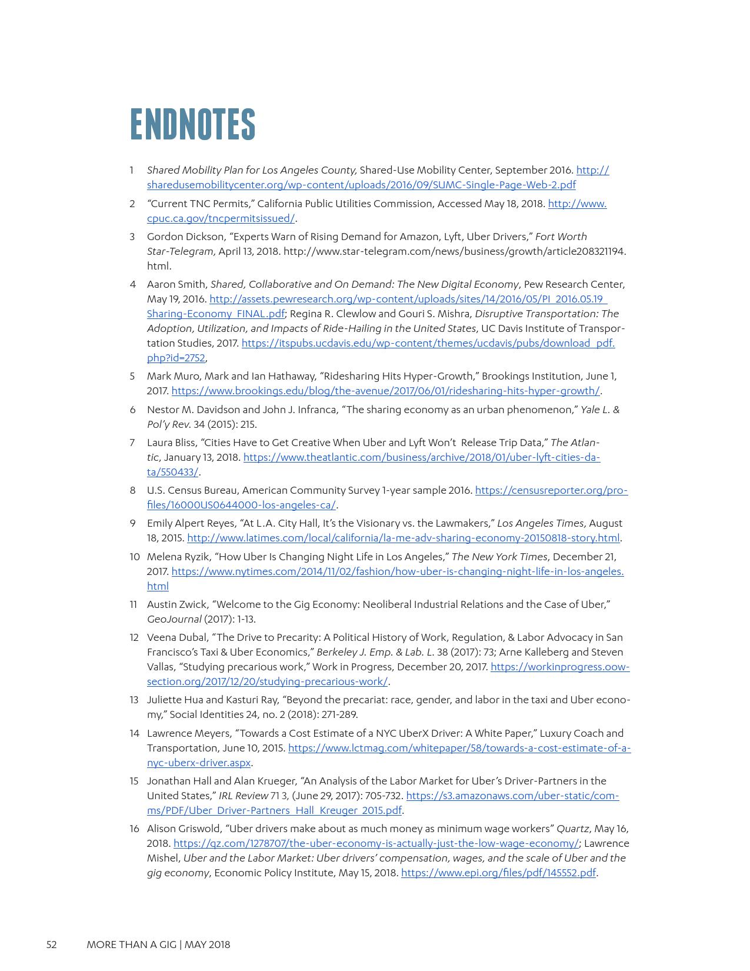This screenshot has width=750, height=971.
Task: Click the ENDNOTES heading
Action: tap(192, 124)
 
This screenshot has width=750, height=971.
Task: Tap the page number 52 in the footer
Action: tap(52, 945)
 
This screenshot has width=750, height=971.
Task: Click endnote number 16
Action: tap(134, 829)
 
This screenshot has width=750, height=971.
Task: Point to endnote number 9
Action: tap(133, 523)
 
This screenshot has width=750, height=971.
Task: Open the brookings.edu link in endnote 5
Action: tap(385, 391)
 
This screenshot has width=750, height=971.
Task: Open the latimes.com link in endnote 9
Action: tap(403, 538)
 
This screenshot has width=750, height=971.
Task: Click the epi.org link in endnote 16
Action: tap(498, 873)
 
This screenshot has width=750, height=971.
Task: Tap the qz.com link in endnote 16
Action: tap(376, 843)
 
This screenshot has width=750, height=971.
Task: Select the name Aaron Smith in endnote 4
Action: tap(176, 284)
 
